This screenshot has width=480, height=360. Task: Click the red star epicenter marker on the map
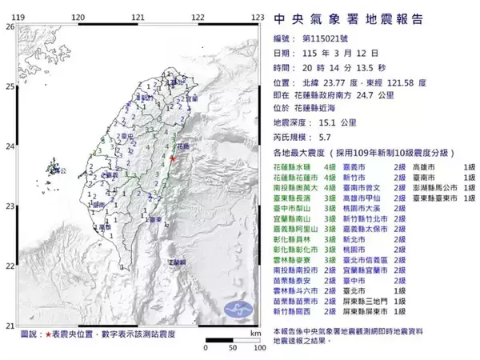tap(172, 159)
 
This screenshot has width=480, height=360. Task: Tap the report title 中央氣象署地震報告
tap(348, 18)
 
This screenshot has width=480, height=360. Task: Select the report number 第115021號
tap(330, 38)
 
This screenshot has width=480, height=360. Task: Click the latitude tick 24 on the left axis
tap(9, 146)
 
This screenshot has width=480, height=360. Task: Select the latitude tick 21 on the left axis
tap(9, 326)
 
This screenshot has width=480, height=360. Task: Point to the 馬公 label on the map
tap(56, 170)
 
